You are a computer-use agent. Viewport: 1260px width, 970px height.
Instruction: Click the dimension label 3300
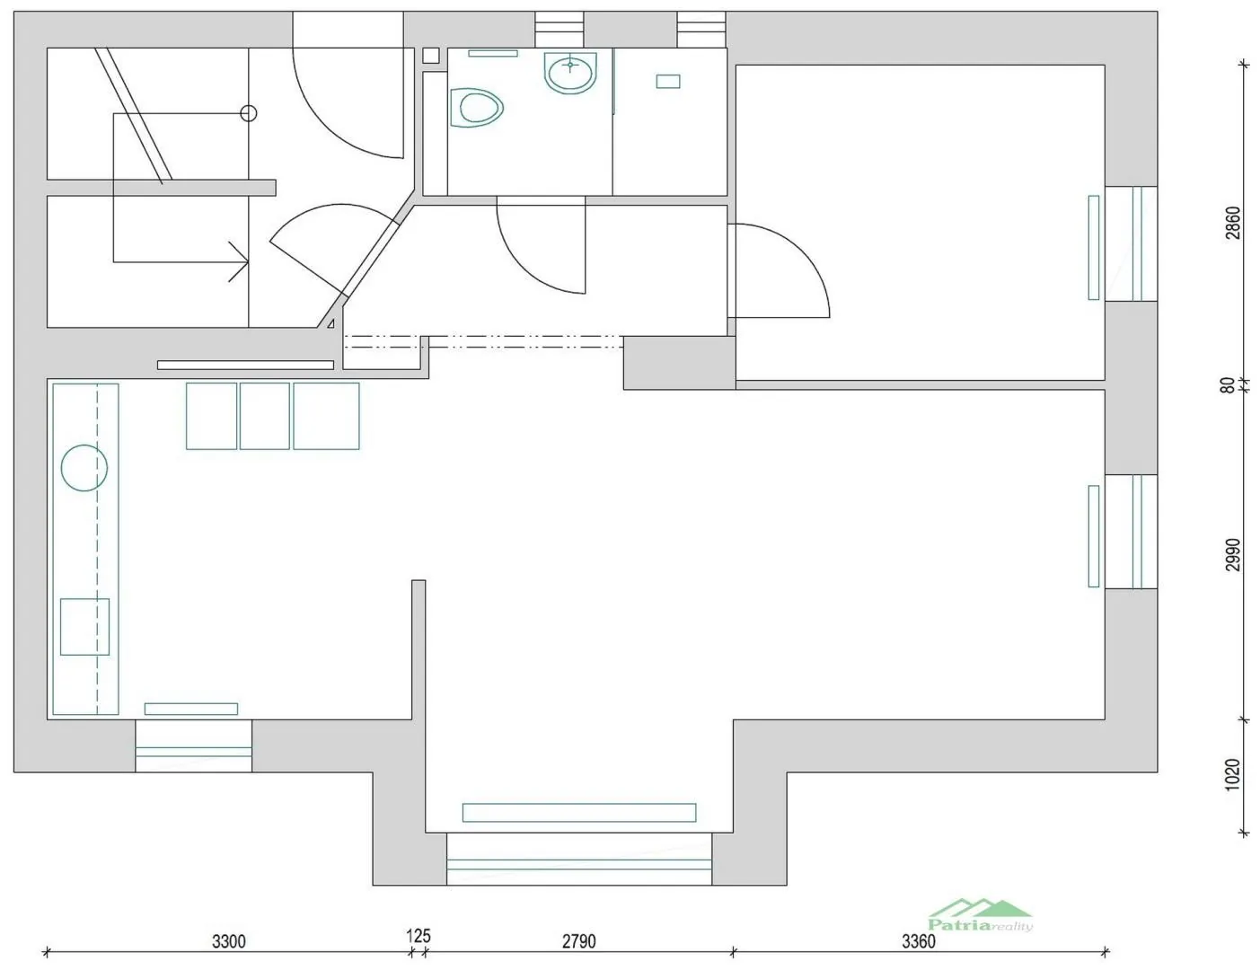(x=228, y=941)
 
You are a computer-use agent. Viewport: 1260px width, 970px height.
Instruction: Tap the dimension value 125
(x=419, y=935)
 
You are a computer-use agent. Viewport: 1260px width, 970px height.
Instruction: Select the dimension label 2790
(x=578, y=941)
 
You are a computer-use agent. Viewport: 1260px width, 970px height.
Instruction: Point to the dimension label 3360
(x=919, y=941)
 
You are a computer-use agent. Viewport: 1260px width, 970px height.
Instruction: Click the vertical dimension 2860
(x=1233, y=223)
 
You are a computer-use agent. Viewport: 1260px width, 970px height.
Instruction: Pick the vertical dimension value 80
(x=1228, y=385)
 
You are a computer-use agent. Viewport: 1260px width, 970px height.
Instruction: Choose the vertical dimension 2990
(x=1233, y=555)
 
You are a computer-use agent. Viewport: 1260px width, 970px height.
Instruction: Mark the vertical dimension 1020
(x=1231, y=774)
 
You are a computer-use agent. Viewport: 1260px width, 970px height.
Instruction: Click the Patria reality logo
(x=980, y=915)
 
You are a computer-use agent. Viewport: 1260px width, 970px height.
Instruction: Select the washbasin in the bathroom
(x=570, y=73)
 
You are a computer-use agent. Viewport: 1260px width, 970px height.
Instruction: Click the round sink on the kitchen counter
(x=84, y=468)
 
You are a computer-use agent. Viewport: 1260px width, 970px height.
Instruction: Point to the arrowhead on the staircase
(x=240, y=262)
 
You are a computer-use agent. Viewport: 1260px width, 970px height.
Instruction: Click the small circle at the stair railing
(x=249, y=113)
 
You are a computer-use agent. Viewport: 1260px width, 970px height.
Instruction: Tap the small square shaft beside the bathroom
(x=431, y=56)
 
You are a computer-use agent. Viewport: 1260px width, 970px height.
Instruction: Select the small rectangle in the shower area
(x=668, y=81)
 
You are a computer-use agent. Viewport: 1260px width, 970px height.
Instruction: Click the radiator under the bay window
(x=579, y=813)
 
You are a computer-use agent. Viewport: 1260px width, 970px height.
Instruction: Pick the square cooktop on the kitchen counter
(x=84, y=627)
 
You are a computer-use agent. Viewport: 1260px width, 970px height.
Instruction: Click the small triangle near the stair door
(x=331, y=323)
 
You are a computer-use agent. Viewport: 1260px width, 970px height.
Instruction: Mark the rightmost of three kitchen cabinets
(x=327, y=416)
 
